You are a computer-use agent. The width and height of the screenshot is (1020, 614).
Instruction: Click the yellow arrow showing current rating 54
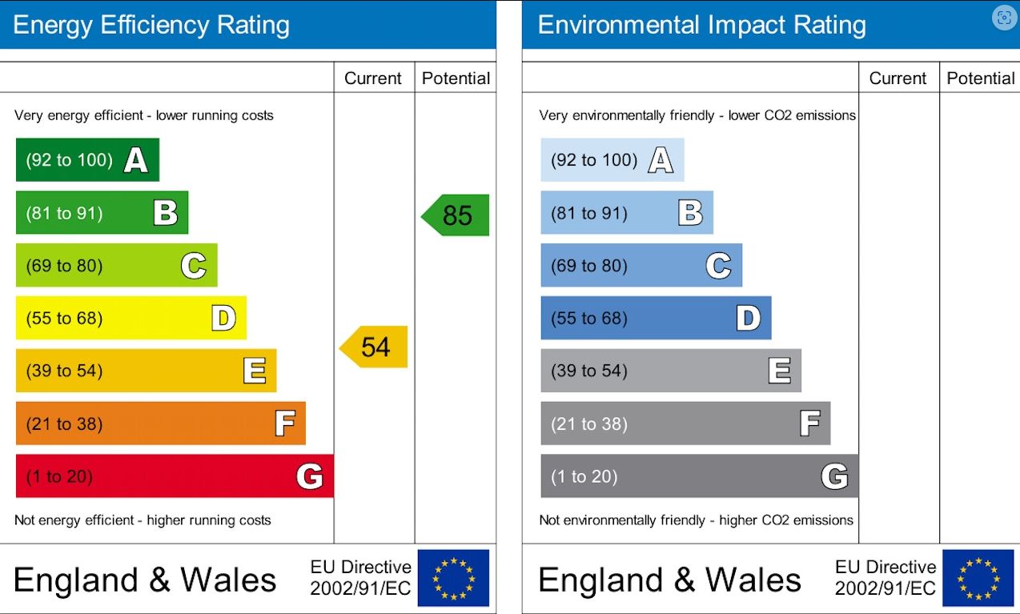(374, 347)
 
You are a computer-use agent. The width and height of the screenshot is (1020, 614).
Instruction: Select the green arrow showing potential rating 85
(456, 215)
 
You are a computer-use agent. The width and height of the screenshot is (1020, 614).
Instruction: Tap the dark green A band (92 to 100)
(87, 160)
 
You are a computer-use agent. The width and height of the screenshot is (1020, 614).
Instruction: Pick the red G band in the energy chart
(175, 476)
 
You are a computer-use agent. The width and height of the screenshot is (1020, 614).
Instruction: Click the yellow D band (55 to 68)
(131, 319)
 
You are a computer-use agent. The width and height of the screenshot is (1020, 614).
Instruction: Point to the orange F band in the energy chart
(160, 423)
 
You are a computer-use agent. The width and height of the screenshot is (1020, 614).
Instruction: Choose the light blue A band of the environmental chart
(612, 160)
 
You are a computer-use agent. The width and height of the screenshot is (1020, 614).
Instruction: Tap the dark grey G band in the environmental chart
(699, 476)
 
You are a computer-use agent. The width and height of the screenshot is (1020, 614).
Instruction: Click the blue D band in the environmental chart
(655, 319)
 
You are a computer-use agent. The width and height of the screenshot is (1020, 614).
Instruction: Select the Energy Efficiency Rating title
(151, 25)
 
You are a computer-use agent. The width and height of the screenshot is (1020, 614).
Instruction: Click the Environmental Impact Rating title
(701, 25)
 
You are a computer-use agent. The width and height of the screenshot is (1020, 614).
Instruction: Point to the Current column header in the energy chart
(373, 78)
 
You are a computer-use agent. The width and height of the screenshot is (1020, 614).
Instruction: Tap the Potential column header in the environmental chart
(980, 78)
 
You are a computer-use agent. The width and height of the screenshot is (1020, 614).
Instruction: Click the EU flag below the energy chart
(453, 578)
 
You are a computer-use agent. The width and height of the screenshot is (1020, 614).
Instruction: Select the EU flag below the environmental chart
(978, 578)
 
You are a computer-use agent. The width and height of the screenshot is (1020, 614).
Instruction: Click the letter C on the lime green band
(193, 266)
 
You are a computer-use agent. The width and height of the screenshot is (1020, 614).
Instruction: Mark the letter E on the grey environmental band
(778, 371)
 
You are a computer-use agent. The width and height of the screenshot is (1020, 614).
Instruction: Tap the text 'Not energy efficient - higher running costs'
(143, 520)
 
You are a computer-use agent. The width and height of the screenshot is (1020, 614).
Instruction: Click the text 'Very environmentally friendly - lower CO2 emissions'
(697, 115)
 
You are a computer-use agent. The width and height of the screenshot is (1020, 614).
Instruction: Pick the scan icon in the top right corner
(1003, 18)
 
